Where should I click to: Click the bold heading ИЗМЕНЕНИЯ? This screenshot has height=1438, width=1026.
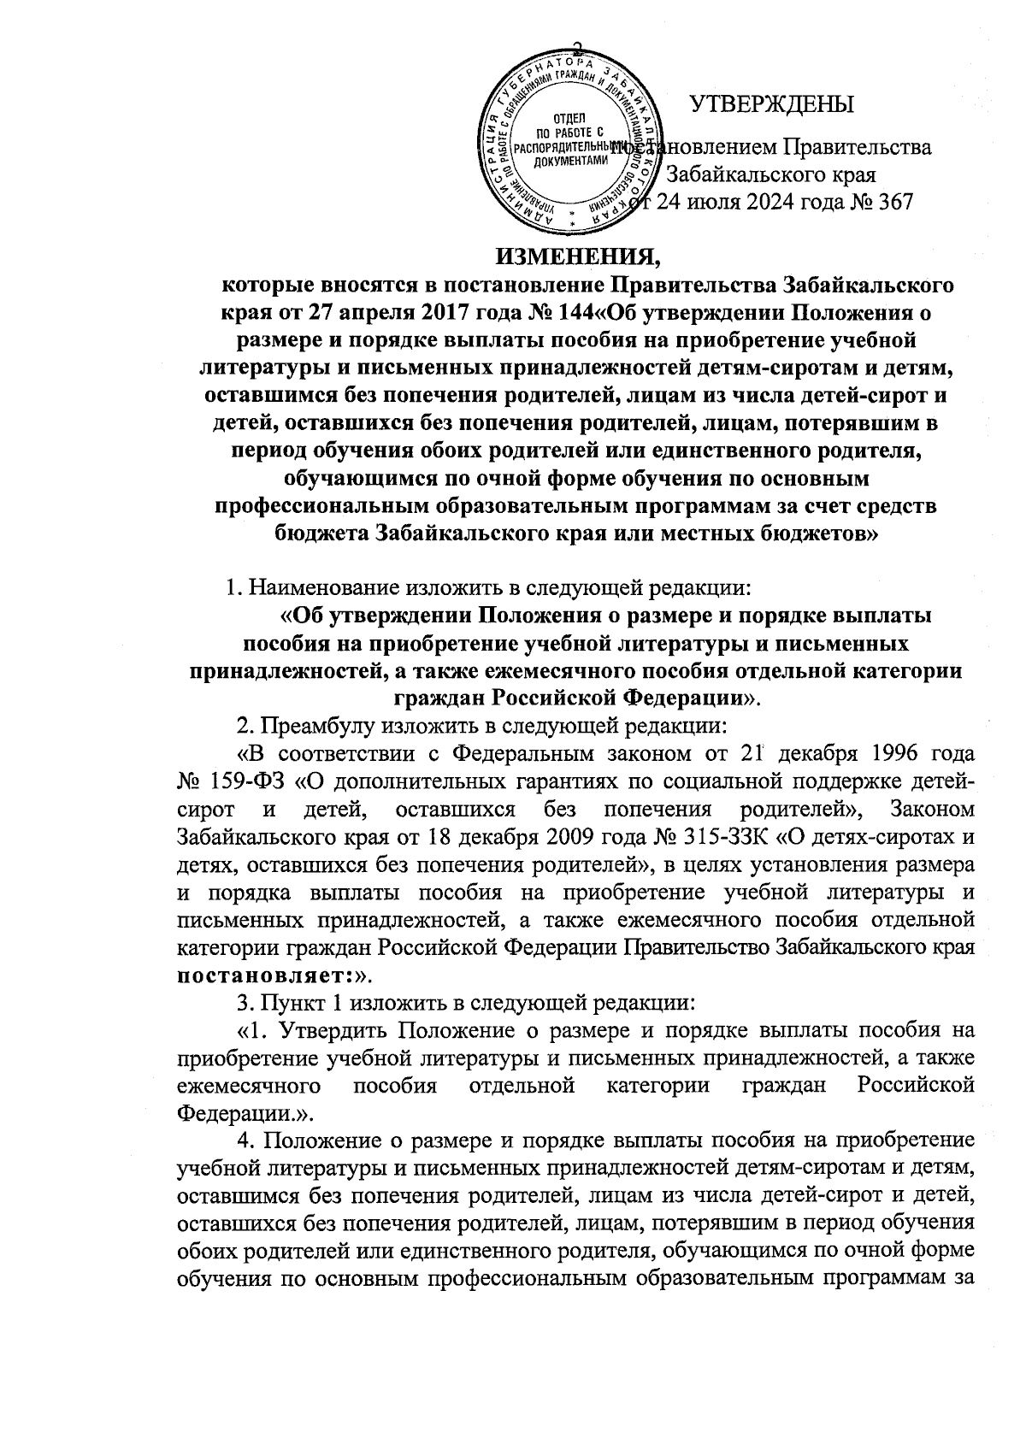tap(581, 254)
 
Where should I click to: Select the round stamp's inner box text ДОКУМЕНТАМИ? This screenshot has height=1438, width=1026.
tap(570, 160)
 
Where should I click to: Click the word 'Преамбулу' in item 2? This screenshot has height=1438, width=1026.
tap(315, 727)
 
